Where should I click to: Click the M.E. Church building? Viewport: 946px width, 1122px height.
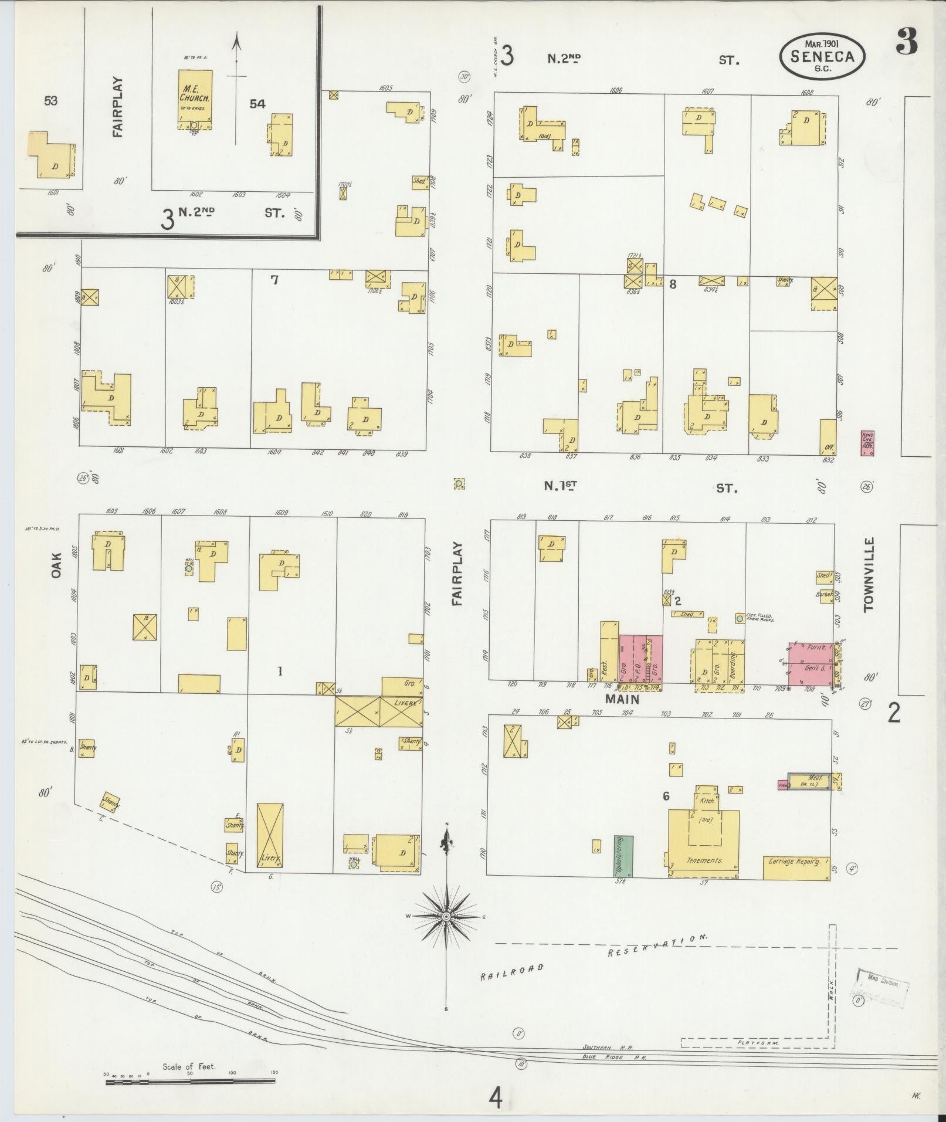tap(194, 99)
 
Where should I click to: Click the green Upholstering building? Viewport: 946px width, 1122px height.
tap(623, 856)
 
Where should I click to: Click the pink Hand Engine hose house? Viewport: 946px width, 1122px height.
tap(867, 443)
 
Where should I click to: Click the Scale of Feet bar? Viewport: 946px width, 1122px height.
tap(191, 1080)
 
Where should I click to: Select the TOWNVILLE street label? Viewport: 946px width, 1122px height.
tap(869, 574)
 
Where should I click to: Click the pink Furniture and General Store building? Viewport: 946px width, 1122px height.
tap(810, 663)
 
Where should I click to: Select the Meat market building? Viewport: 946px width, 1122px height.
tap(809, 781)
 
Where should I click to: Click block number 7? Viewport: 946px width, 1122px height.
tap(274, 280)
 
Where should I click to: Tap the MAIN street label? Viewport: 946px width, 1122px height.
tap(622, 699)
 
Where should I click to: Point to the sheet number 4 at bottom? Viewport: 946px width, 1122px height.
tap(496, 1099)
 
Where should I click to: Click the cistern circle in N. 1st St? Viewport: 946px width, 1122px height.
tap(459, 484)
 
